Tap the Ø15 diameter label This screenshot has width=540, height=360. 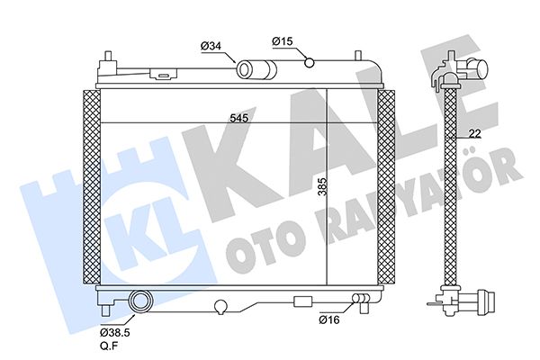[x=283, y=40]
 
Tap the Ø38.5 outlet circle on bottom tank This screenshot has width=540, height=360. [x=139, y=301]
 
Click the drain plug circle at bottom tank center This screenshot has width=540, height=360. [x=219, y=307]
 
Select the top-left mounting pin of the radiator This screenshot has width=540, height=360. [x=107, y=58]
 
